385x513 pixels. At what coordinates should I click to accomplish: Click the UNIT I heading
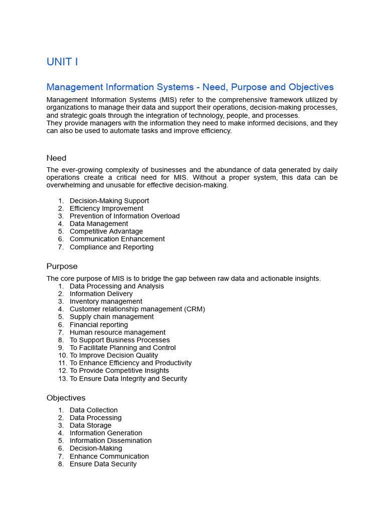(x=62, y=62)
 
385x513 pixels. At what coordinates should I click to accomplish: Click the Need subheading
(x=56, y=158)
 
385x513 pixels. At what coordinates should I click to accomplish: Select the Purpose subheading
(x=62, y=266)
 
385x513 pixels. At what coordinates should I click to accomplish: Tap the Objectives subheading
(x=66, y=398)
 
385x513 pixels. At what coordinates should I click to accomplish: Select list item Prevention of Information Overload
(x=124, y=216)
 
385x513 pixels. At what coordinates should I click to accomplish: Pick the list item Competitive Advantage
(x=106, y=231)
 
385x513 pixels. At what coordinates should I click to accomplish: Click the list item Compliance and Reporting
(x=111, y=247)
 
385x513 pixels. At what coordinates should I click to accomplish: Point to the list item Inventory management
(x=106, y=302)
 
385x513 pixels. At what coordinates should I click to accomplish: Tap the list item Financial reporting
(x=99, y=325)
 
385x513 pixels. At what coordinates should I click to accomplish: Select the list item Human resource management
(x=117, y=332)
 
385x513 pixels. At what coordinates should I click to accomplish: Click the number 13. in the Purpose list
(x=62, y=379)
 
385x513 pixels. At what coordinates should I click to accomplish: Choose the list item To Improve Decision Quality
(x=114, y=355)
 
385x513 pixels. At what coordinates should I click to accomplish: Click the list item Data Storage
(x=90, y=425)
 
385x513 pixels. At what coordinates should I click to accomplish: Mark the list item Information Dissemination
(x=110, y=441)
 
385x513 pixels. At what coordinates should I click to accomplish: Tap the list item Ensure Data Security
(x=103, y=464)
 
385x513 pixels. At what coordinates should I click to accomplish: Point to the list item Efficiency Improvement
(x=106, y=208)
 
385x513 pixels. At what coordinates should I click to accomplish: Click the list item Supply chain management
(x=111, y=317)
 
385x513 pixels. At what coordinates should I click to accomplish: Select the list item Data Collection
(x=93, y=410)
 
